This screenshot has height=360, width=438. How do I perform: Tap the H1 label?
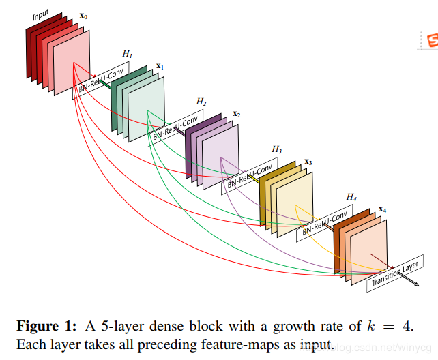pos(128,53)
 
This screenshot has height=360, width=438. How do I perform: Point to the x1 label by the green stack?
pos(160,66)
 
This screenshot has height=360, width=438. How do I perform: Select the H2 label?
pos(201,101)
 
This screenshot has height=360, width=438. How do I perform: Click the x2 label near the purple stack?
pos(236,114)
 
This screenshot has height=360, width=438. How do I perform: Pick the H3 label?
pos(276,149)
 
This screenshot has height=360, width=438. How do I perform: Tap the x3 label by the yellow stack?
pos(308,162)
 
